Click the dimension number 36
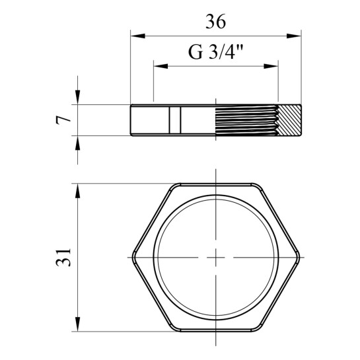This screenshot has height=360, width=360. click(x=215, y=21)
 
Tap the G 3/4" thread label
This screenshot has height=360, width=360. click(x=215, y=52)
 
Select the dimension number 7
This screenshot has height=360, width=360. click(x=63, y=120)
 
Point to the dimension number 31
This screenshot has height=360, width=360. click(x=63, y=257)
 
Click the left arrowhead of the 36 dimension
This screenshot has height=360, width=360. click(x=138, y=36)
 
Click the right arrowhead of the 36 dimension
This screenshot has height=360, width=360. click(x=294, y=36)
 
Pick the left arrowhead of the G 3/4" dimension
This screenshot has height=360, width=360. click(x=161, y=66)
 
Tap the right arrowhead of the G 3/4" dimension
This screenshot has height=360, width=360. click(x=271, y=66)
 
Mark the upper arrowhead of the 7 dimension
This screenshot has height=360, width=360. click(x=78, y=97)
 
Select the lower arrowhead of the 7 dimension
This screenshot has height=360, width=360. click(x=78, y=143)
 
